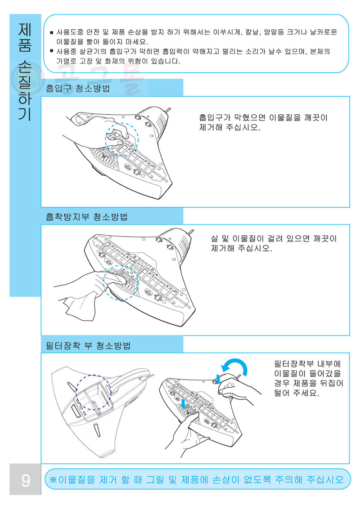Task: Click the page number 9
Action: (26, 480)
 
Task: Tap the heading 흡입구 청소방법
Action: (78, 89)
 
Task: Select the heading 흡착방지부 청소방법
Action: (86, 217)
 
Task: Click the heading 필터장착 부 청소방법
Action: (88, 345)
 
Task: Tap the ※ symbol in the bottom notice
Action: (53, 480)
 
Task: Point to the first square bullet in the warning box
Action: (51, 32)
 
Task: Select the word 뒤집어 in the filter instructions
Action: (331, 383)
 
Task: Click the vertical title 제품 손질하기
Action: (25, 71)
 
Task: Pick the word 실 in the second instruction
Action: (214, 239)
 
